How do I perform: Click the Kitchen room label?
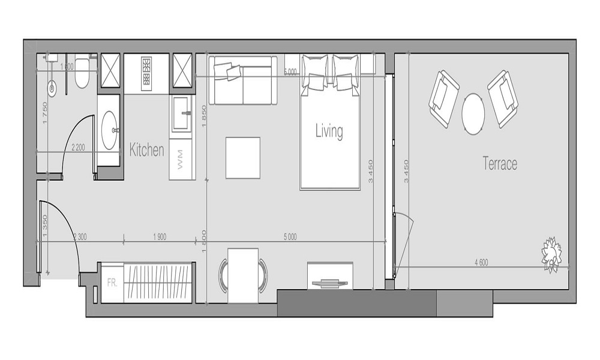tap(146, 150)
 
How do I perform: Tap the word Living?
tap(329, 131)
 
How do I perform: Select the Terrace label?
tap(500, 163)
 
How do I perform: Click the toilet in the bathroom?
tap(83, 73)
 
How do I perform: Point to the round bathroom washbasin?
tap(110, 128)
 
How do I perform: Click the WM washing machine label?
tap(181, 159)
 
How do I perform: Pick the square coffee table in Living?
tap(243, 158)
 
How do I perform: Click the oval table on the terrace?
tap(473, 113)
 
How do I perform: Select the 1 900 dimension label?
tap(159, 237)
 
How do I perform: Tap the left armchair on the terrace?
tap(443, 98)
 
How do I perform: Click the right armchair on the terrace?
tap(503, 98)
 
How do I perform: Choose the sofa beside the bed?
tap(242, 80)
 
